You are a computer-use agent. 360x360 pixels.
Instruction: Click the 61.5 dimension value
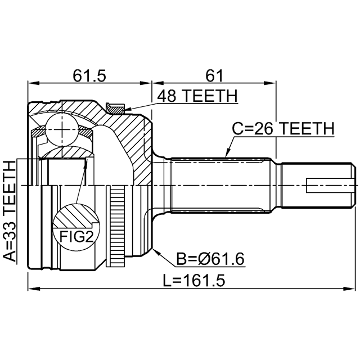click(x=89, y=75)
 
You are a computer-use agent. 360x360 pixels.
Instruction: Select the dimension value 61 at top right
click(x=214, y=75)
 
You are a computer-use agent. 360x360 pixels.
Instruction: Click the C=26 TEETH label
click(x=283, y=129)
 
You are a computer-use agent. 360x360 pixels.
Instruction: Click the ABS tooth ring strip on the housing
click(x=117, y=227)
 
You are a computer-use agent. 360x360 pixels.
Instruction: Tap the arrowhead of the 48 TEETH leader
click(x=127, y=110)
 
